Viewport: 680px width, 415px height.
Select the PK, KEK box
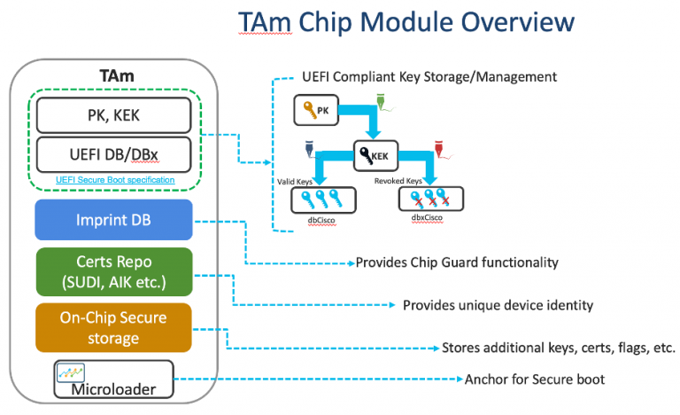tap(113, 115)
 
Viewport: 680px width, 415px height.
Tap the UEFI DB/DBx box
tap(113, 154)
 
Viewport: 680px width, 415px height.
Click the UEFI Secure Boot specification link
tap(113, 180)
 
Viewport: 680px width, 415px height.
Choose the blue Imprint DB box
tap(113, 220)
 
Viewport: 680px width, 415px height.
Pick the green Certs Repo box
tap(113, 271)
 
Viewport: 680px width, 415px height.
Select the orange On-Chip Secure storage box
tap(113, 326)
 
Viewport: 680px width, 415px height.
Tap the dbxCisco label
tap(425, 215)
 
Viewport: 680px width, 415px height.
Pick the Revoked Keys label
tap(422, 180)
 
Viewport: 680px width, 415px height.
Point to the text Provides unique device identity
tap(498, 305)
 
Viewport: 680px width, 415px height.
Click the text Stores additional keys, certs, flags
tap(558, 347)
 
